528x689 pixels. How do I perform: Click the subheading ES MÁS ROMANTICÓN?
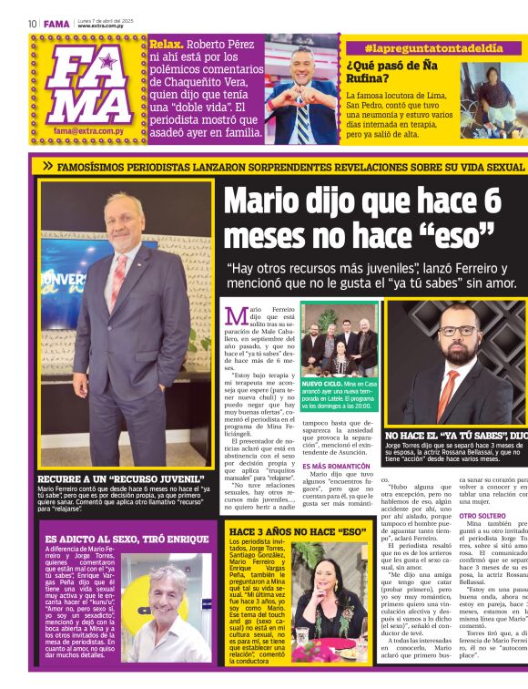336,466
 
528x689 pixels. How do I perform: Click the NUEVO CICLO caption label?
322,386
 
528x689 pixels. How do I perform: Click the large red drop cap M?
236,317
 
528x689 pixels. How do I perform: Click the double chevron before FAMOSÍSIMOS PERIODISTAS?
47,167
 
